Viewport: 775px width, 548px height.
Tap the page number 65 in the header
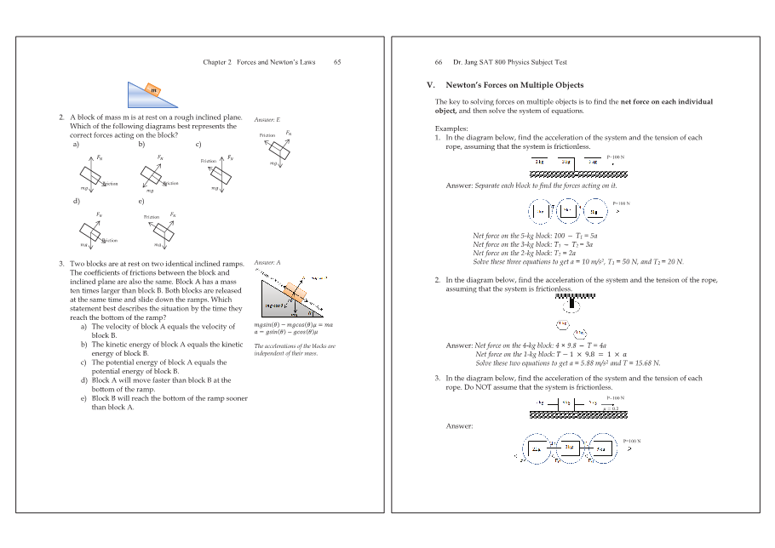pos(337,62)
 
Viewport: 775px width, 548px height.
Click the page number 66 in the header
pos(439,62)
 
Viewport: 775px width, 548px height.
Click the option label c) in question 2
pos(198,144)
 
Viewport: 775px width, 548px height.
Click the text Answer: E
pos(267,120)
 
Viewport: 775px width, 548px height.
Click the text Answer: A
pos(267,265)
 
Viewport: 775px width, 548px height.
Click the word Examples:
pos(451,128)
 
